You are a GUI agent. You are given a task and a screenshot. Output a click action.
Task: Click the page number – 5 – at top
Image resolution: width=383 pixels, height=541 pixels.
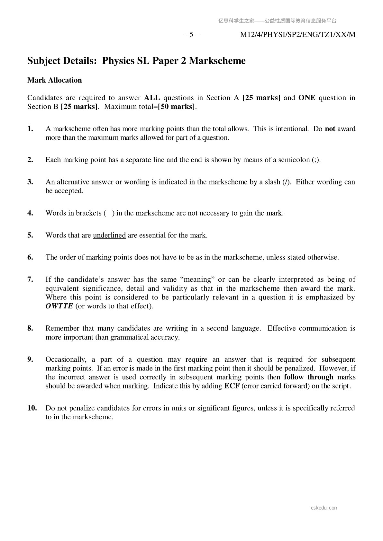point(191,35)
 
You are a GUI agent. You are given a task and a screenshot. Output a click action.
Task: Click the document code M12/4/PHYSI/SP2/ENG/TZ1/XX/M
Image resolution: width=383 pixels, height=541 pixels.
point(298,35)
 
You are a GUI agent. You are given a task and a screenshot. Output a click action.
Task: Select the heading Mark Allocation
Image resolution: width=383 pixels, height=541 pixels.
point(55,80)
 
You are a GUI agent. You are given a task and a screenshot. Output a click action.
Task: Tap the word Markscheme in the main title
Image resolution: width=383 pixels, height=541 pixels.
point(217,61)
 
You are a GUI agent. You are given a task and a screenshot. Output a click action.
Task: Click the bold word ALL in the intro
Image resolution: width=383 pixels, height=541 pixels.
point(152,98)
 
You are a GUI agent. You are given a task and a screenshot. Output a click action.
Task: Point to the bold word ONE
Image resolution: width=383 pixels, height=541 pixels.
point(307,98)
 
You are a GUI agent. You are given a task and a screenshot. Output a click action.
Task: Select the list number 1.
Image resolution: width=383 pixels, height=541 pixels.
point(30,129)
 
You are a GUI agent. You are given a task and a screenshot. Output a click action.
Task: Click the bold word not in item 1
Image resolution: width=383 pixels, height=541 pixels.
point(330,129)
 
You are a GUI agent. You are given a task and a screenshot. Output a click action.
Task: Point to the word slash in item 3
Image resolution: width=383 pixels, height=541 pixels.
point(272,182)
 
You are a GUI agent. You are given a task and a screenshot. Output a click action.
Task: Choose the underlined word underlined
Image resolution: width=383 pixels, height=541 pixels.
point(109,235)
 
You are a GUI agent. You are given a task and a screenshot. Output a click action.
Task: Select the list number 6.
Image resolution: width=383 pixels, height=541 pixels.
point(30,257)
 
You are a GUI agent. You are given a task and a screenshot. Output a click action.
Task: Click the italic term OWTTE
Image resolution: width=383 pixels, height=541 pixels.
point(59,306)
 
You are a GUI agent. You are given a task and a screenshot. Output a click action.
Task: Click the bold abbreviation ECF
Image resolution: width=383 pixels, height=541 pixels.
point(232,386)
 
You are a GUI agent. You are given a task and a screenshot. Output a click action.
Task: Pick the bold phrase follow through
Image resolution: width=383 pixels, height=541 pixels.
point(308,377)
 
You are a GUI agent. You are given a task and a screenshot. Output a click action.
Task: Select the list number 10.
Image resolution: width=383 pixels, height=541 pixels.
point(32,408)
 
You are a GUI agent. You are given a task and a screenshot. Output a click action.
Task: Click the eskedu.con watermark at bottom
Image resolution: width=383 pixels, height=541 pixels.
point(324,508)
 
